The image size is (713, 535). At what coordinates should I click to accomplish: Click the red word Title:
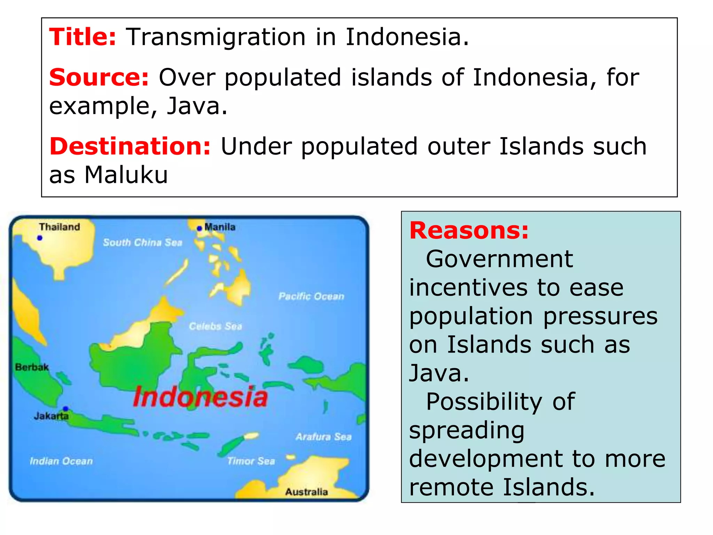pyautogui.click(x=83, y=37)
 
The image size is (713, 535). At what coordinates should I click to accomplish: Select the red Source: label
pyautogui.click(x=99, y=77)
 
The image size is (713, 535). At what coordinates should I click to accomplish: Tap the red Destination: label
pyautogui.click(x=130, y=146)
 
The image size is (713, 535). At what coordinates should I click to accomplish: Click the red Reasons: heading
pyautogui.click(x=469, y=231)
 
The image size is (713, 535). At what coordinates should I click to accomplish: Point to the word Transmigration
pyautogui.click(x=216, y=37)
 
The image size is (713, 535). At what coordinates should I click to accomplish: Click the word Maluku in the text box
pyautogui.click(x=126, y=175)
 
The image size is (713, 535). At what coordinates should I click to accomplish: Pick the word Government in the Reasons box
pyautogui.click(x=499, y=259)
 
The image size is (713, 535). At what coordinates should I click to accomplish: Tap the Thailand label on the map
pyautogui.click(x=60, y=227)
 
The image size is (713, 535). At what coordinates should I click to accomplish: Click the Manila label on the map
pyautogui.click(x=220, y=227)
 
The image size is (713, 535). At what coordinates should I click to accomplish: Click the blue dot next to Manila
pyautogui.click(x=199, y=228)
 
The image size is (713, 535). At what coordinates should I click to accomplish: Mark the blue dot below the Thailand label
pyautogui.click(x=40, y=238)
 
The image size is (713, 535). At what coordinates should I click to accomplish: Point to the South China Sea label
pyautogui.click(x=143, y=243)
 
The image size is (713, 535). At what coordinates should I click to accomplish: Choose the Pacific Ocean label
pyautogui.click(x=311, y=296)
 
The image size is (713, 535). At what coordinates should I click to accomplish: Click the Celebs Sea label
pyautogui.click(x=215, y=326)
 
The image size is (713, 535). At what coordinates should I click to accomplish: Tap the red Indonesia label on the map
pyautogui.click(x=200, y=397)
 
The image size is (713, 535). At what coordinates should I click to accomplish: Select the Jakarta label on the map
pyautogui.click(x=51, y=416)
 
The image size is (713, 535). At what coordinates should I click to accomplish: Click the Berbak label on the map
pyautogui.click(x=32, y=367)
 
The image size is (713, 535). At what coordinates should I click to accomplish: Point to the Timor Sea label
pyautogui.click(x=251, y=461)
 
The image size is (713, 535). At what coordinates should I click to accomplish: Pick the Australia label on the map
pyautogui.click(x=306, y=492)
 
